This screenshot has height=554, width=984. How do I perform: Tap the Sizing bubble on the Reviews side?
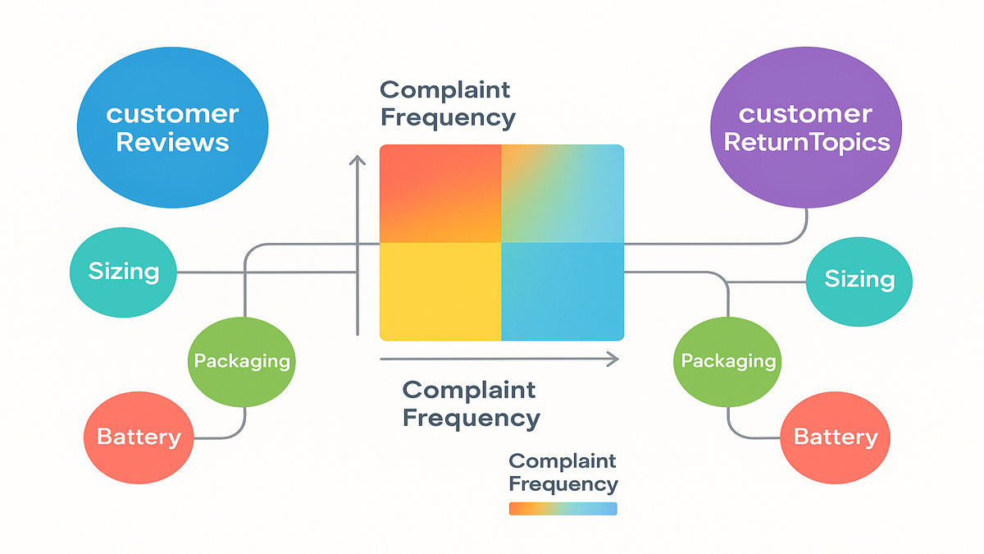(x=124, y=271)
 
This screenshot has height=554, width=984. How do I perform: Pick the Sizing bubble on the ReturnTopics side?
(x=859, y=280)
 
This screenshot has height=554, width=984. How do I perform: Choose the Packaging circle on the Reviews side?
(x=242, y=360)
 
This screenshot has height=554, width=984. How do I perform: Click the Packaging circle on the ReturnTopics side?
(x=728, y=360)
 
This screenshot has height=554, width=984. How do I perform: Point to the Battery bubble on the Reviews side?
(x=139, y=436)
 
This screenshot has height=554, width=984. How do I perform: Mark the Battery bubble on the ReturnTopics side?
(x=836, y=437)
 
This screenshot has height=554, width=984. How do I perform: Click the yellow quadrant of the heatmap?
(x=440, y=291)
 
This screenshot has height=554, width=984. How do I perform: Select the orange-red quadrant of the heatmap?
(x=440, y=194)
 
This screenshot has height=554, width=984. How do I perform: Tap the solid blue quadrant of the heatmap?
(x=563, y=291)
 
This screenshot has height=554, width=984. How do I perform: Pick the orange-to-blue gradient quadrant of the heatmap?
(x=563, y=194)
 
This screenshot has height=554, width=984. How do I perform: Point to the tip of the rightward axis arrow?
(x=616, y=358)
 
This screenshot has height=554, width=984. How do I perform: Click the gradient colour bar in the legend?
(x=563, y=509)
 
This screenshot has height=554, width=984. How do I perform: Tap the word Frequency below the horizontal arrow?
(x=471, y=418)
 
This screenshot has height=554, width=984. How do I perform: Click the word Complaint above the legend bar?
(x=563, y=460)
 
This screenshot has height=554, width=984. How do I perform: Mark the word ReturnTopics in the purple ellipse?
(x=805, y=142)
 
